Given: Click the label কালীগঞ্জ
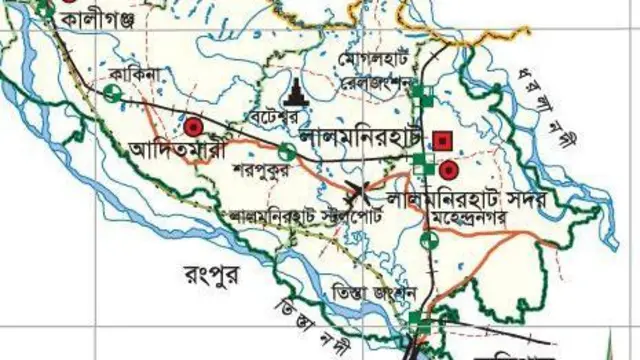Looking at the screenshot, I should pyautogui.click(x=95, y=19).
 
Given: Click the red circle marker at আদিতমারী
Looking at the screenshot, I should pyautogui.click(x=192, y=127).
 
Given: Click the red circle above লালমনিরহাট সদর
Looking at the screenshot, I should pyautogui.click(x=446, y=169).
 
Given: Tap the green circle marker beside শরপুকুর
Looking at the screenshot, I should pyautogui.click(x=286, y=153).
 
